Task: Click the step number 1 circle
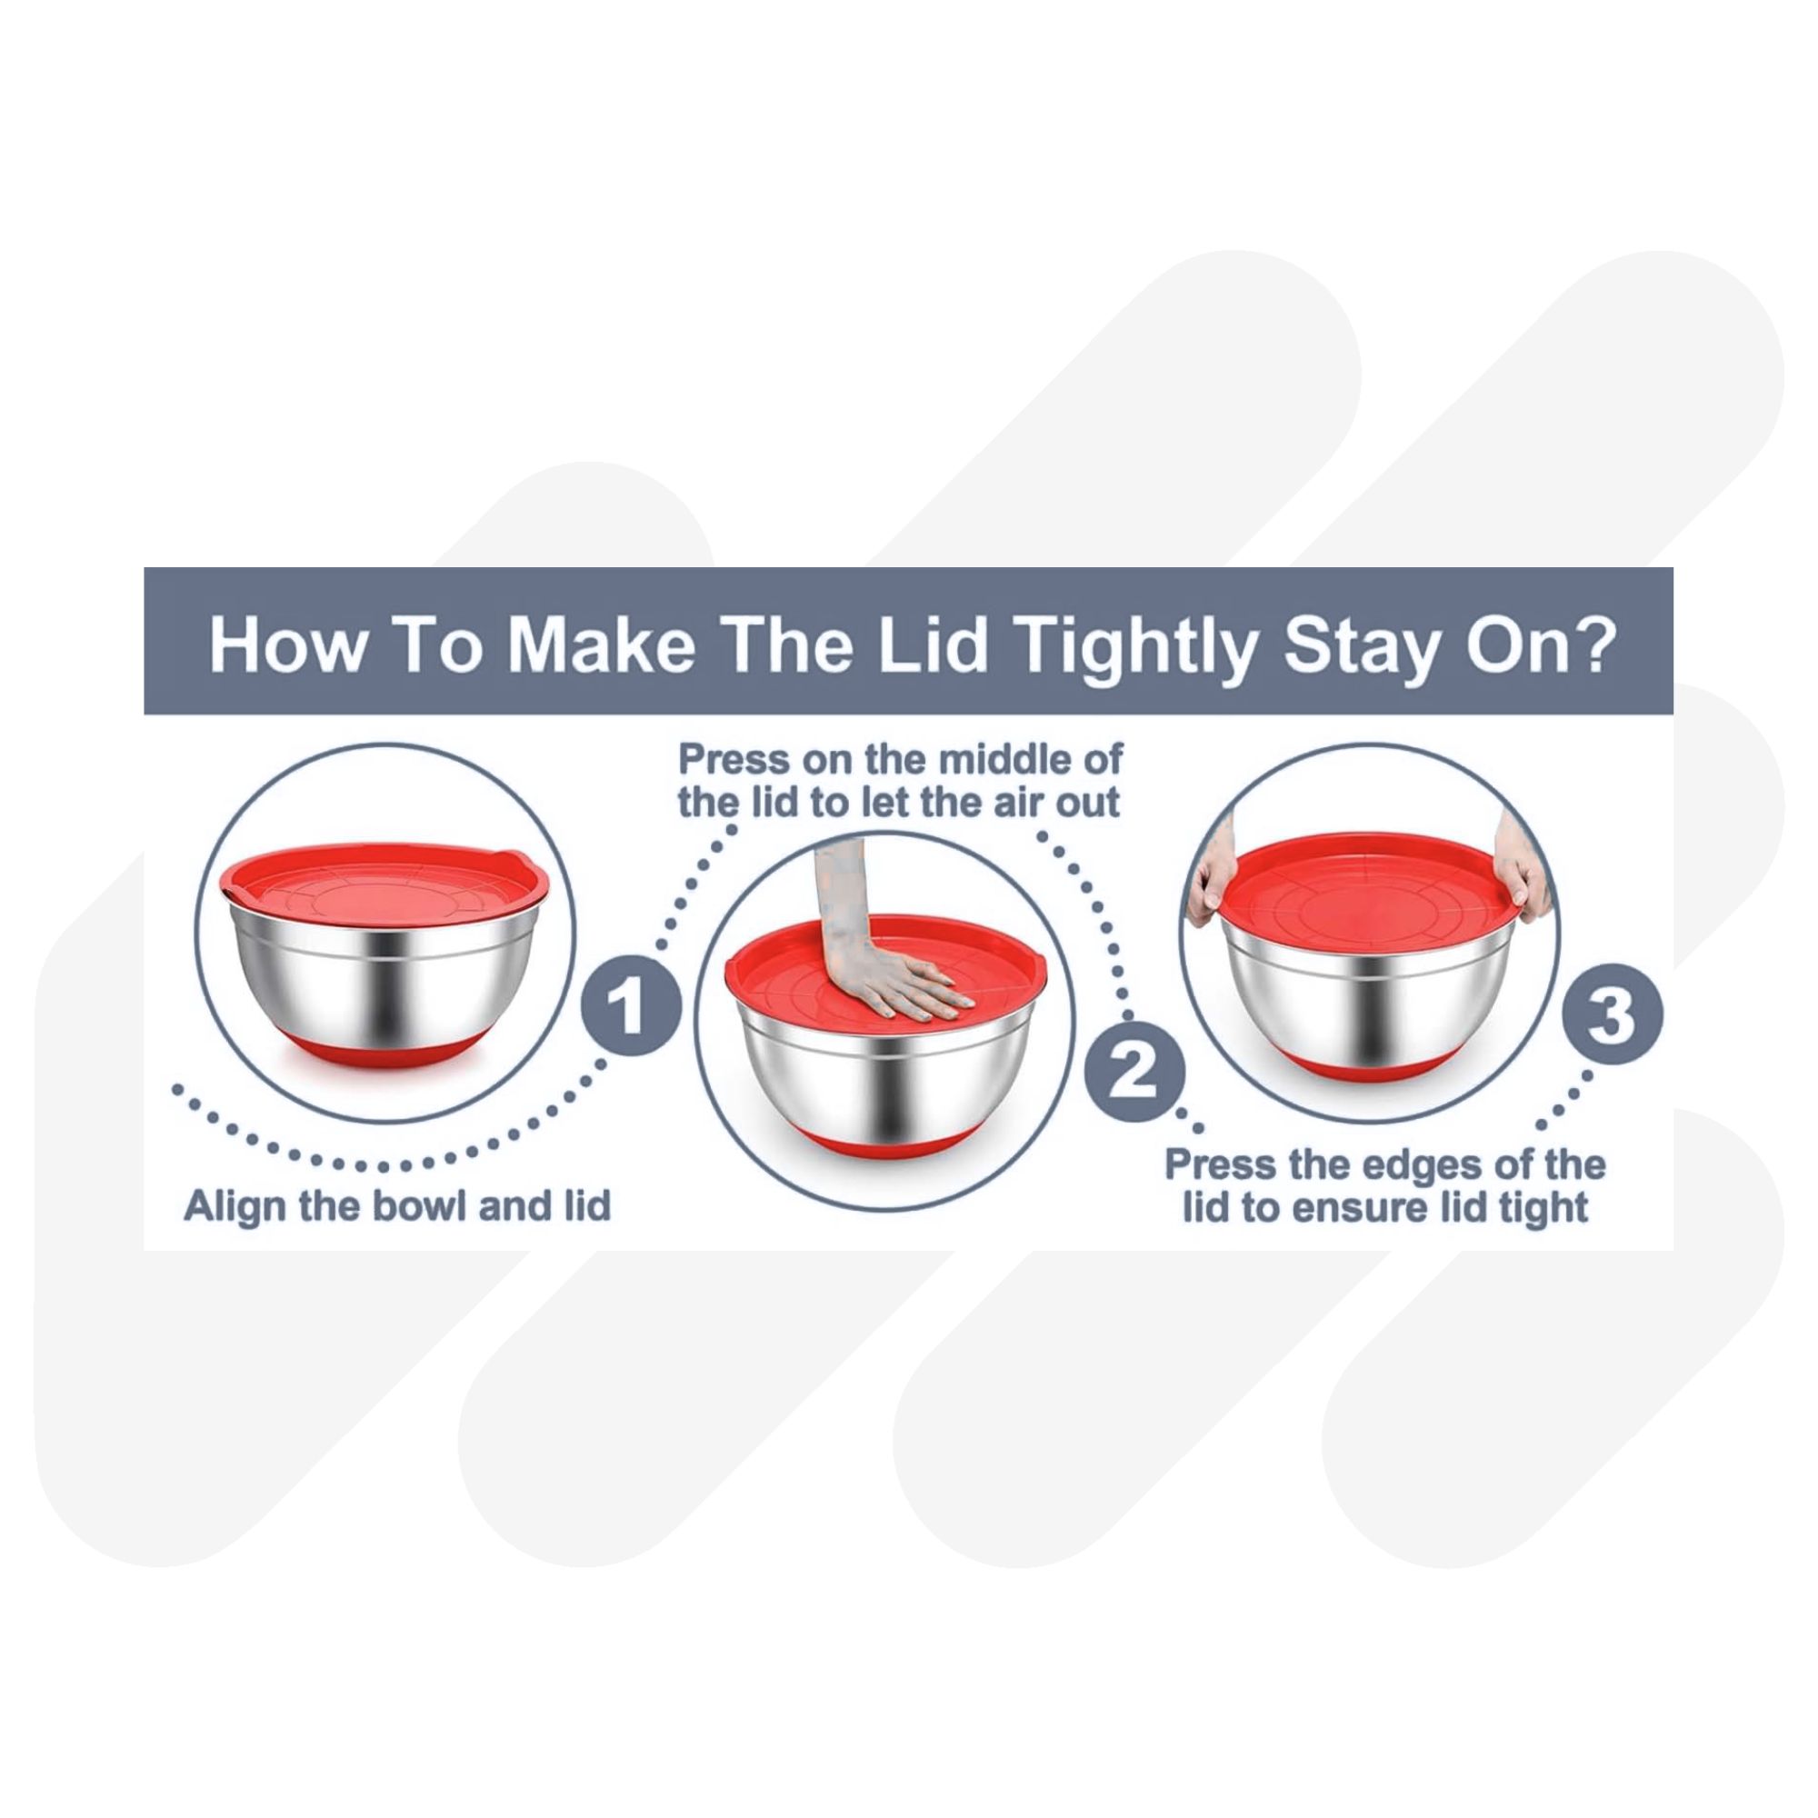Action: pyautogui.click(x=630, y=1008)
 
